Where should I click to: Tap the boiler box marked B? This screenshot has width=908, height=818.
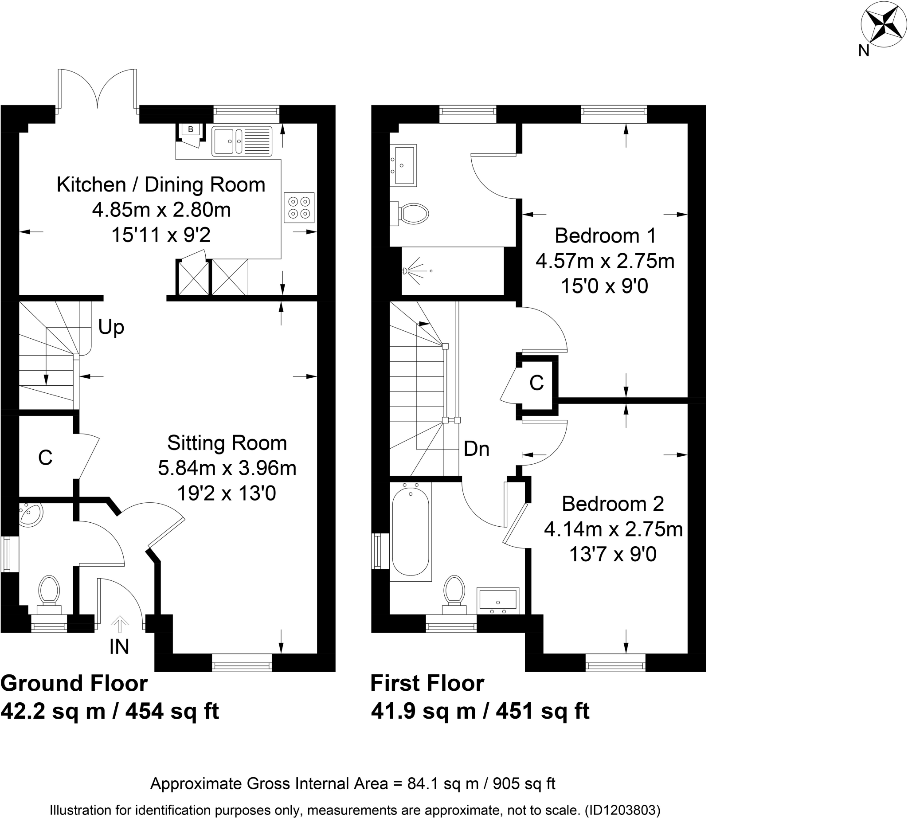[x=190, y=129]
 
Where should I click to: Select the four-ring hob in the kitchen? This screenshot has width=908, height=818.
[x=299, y=207]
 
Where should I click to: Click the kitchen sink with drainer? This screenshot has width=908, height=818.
[x=242, y=141]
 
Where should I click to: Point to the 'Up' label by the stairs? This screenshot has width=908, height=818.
[x=111, y=327]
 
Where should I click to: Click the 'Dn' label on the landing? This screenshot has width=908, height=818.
[x=476, y=449]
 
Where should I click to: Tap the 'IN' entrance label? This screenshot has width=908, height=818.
[x=119, y=647]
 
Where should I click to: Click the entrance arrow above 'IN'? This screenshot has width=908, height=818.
[x=120, y=624]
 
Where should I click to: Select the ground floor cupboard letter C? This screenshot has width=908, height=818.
[x=45, y=458]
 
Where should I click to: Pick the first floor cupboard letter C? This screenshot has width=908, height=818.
[x=536, y=383]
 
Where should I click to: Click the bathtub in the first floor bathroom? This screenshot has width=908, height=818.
[x=411, y=532]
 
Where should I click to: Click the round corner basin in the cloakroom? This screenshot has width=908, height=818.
[x=31, y=514]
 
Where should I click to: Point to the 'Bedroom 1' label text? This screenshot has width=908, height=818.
[x=605, y=235]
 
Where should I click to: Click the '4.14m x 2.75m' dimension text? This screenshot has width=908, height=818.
[x=613, y=529]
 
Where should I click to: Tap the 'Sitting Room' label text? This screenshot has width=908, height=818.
[x=227, y=443]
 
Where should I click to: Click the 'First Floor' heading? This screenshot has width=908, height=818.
[x=427, y=684]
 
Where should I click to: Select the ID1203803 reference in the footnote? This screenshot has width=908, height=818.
[x=622, y=810]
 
